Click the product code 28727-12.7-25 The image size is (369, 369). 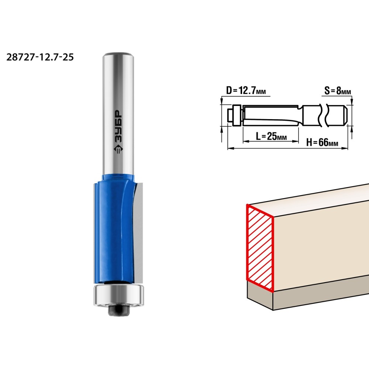point(40,57)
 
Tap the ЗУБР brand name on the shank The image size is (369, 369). point(118,126)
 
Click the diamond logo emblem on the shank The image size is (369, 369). point(118,149)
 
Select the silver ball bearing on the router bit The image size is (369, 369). point(119,296)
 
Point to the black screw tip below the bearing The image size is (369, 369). point(119,310)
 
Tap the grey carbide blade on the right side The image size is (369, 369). point(139,231)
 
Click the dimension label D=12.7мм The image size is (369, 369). point(246,90)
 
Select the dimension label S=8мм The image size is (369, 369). point(338,90)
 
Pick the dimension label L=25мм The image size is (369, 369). point(271,136)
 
